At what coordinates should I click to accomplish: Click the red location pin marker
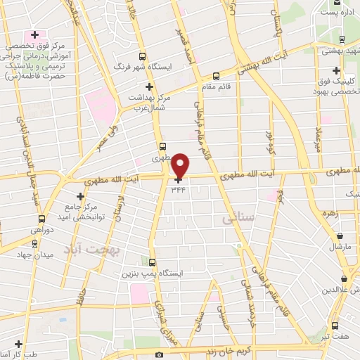point(181,165)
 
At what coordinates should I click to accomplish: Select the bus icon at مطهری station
point(163,148)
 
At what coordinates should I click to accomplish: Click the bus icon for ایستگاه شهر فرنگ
point(143,56)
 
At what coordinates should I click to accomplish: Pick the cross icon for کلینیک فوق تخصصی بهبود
point(337,72)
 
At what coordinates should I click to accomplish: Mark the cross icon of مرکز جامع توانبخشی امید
point(79,195)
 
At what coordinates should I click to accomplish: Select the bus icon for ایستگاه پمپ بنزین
point(151,259)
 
